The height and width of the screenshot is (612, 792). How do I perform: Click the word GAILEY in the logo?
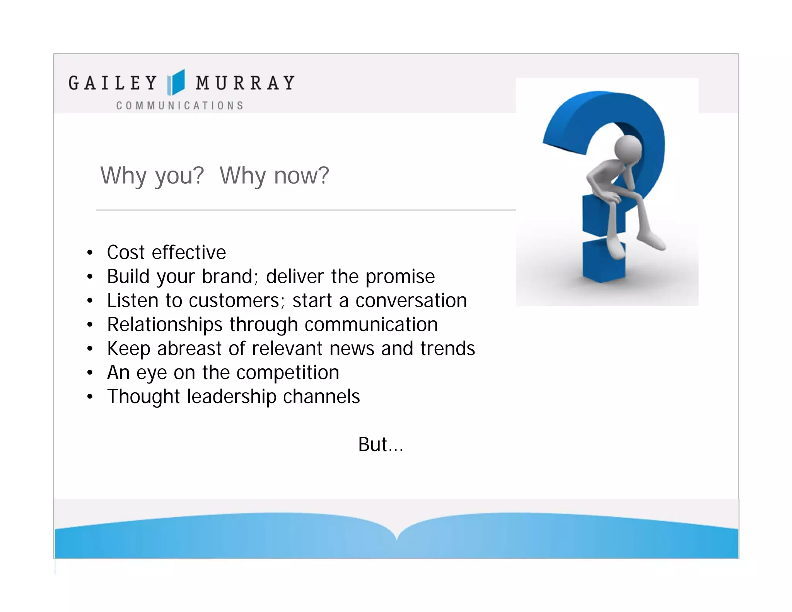(x=113, y=83)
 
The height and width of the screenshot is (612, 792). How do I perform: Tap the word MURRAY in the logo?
(x=245, y=83)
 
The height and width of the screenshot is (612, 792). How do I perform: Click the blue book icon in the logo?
(x=176, y=82)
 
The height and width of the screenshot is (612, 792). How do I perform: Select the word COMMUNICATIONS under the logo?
(x=180, y=106)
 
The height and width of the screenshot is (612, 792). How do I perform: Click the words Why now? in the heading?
(x=274, y=176)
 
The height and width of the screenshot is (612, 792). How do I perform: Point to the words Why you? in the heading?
(x=152, y=176)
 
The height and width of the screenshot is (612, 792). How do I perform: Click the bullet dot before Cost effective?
(x=90, y=253)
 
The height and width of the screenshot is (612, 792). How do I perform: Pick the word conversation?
(x=411, y=301)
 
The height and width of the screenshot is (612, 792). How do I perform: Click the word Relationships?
(x=164, y=325)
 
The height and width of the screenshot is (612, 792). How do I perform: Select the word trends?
(x=447, y=349)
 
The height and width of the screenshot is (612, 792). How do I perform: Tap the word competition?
(x=288, y=373)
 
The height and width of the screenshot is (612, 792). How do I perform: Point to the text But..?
(x=374, y=444)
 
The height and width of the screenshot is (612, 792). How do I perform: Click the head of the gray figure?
(x=628, y=149)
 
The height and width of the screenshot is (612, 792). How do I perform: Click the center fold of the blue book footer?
(x=396, y=538)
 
